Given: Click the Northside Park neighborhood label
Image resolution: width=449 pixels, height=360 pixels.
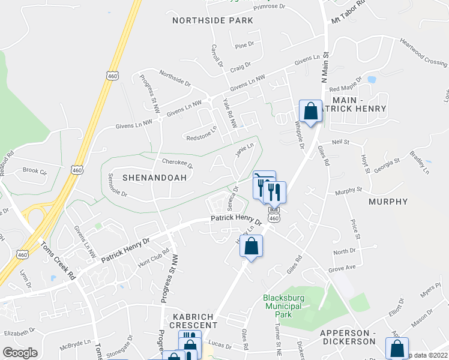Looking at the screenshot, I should pyautogui.click(x=212, y=20).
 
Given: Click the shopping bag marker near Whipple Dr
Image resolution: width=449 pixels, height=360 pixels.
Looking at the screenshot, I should pyautogui.click(x=310, y=112).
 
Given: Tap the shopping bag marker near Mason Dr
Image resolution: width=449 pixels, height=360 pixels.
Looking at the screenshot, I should pyautogui.click(x=397, y=348).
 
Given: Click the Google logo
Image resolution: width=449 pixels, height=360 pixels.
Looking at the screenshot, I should pyautogui.click(x=20, y=353).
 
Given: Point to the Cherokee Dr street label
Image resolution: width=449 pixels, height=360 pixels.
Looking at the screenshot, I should pyautogui.click(x=177, y=163).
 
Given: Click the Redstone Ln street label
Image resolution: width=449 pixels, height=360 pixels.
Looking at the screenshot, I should pyautogui.click(x=202, y=133).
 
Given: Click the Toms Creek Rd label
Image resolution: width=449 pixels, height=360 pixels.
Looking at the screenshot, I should pyautogui.click(x=57, y=262).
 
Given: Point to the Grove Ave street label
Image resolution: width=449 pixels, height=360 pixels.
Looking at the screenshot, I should pyautogui.click(x=342, y=268).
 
